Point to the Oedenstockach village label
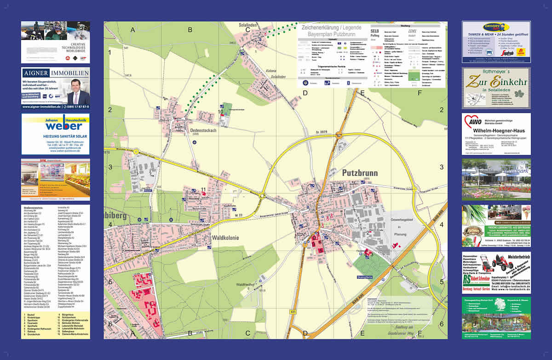coord(203,131)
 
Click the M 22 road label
coord(238,215)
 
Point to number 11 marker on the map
coord(203,189)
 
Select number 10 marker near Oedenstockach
coord(221,111)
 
